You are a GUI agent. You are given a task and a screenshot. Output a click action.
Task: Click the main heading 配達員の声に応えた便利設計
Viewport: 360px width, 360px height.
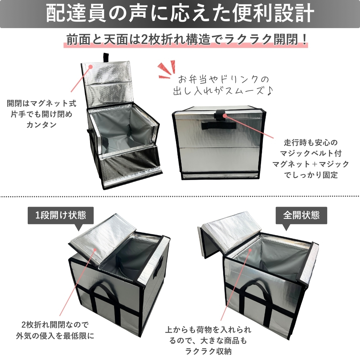pyautogui.click(x=180, y=13)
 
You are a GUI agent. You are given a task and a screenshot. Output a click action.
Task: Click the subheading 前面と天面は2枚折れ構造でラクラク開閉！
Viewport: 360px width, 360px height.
pyautogui.click(x=186, y=40)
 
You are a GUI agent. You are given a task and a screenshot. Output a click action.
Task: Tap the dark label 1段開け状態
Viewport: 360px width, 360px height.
pyautogui.click(x=60, y=215)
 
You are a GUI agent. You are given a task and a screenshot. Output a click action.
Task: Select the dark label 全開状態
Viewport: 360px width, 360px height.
pyautogui.click(x=301, y=215)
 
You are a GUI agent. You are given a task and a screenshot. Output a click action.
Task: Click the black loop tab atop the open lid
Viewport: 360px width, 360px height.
pyautogui.click(x=106, y=58)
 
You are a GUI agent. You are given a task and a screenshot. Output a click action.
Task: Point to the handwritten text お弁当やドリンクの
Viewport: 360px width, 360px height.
pyautogui.click(x=223, y=80)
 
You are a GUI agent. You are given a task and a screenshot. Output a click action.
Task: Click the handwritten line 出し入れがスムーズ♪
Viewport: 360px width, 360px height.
pyautogui.click(x=223, y=91)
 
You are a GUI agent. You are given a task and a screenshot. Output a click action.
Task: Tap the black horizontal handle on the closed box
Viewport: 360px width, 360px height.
pyautogui.click(x=219, y=125)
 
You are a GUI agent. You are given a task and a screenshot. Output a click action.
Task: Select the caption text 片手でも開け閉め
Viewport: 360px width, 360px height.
pyautogui.click(x=41, y=114)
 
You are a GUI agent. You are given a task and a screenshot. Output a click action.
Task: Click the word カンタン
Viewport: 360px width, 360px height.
pyautogui.click(x=41, y=125)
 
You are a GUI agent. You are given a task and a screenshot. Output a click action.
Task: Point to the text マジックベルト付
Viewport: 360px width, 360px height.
pyautogui.click(x=311, y=153)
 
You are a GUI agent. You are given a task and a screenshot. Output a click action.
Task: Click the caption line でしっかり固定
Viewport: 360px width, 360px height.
pyautogui.click(x=311, y=175)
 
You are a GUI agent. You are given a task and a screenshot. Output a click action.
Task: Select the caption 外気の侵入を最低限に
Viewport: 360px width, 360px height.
pyautogui.click(x=55, y=336)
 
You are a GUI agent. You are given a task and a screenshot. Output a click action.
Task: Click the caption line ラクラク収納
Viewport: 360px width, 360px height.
pyautogui.click(x=208, y=351)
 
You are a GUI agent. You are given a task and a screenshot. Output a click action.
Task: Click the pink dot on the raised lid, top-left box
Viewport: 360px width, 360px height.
pyautogui.click(x=91, y=67)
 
